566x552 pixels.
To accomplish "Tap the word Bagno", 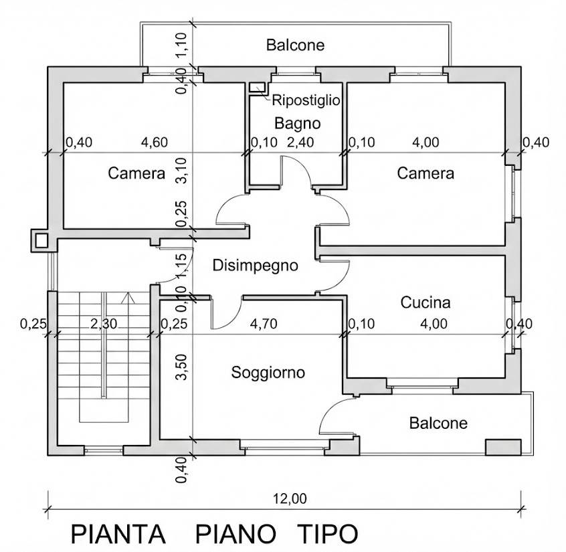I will click(298, 123).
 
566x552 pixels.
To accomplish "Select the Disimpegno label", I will click(255, 266).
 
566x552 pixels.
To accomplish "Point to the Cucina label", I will click(426, 302).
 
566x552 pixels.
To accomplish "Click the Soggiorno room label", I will click(268, 372).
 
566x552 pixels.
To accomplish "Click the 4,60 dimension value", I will click(155, 142).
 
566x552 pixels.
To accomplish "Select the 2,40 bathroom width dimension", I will click(300, 142).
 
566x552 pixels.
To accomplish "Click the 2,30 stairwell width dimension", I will click(104, 325).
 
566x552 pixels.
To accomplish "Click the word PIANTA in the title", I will click(118, 535).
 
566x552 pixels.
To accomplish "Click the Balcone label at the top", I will click(295, 45).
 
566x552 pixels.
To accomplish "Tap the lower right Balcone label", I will click(438, 424).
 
